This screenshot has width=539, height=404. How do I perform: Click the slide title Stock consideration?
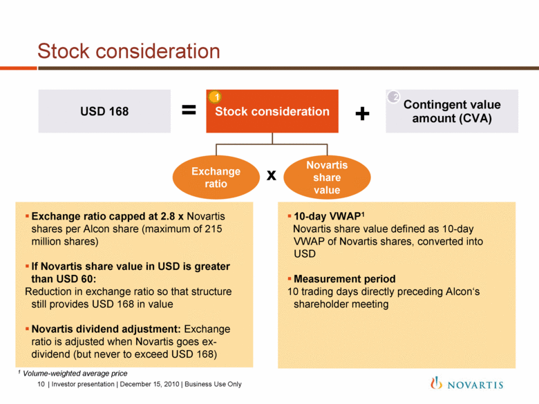tap(129, 51)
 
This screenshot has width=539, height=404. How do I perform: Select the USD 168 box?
tap(104, 111)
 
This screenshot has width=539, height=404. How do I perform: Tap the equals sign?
tap(189, 110)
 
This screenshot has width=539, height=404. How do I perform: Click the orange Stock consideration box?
tap(272, 111)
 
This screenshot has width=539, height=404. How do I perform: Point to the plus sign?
tap(362, 114)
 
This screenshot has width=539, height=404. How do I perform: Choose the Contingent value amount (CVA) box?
tap(452, 111)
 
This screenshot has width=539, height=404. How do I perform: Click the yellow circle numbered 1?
tap(215, 97)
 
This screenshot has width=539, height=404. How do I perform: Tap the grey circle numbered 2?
tap(394, 97)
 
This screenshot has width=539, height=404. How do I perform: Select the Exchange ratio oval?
tap(216, 177)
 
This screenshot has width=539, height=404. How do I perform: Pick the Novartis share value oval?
tap(327, 177)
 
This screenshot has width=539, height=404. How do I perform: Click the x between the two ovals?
tap(272, 175)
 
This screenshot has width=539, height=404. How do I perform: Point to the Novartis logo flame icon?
tap(436, 383)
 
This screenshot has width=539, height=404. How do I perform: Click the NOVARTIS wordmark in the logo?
tap(475, 385)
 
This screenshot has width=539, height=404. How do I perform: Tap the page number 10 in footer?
tap(41, 384)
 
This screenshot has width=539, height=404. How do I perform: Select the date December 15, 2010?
tap(149, 384)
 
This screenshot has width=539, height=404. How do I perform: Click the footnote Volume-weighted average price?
tap(75, 374)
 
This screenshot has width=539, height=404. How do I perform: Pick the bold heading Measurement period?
tap(344, 278)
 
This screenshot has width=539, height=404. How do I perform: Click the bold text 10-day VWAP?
tap(327, 216)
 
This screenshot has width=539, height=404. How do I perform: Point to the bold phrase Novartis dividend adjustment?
tap(106, 329)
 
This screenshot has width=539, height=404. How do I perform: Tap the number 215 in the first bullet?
tap(213, 229)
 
